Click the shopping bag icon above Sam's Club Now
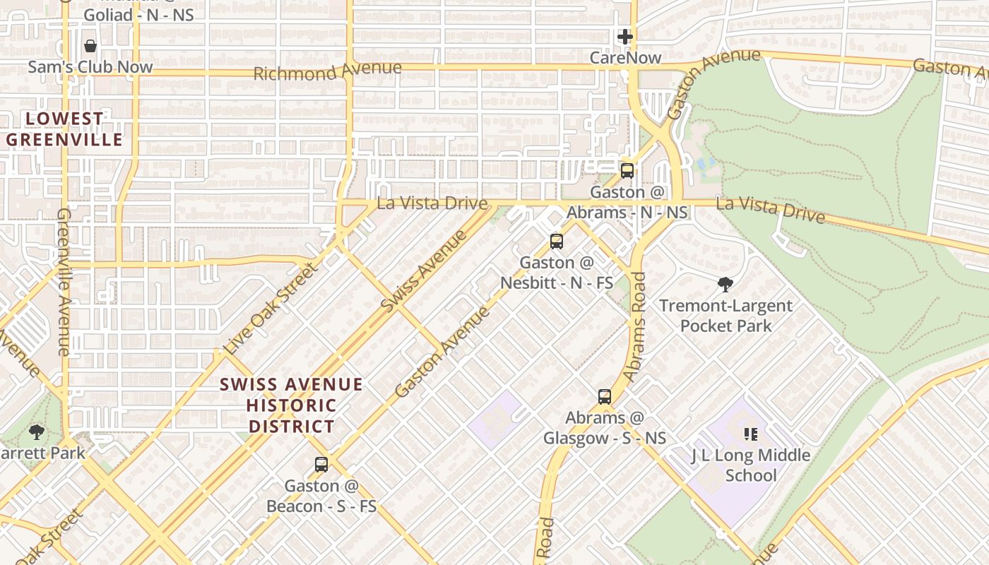pos(90,46)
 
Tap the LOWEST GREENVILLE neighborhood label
pos(65,129)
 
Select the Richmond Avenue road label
pos(327,71)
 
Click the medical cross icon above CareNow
pos(625,37)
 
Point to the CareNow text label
pos(625,58)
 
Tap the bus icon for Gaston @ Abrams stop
pos(627,170)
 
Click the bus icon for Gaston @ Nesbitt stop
pos(557,242)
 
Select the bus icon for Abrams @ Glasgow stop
pos(605,396)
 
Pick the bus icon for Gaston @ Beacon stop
pos(321,465)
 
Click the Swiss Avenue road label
pos(423,271)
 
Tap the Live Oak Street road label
pos(268,309)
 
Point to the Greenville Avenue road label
pos(64,281)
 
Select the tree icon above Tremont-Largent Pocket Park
pos(725,285)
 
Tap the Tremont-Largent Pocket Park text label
pos(726,316)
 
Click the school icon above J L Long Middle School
pos(750,434)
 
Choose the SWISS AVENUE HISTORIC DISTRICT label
pos(291,405)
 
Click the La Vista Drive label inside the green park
pos(770,209)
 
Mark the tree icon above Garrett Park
pos(37,432)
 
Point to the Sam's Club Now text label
pos(90,67)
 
